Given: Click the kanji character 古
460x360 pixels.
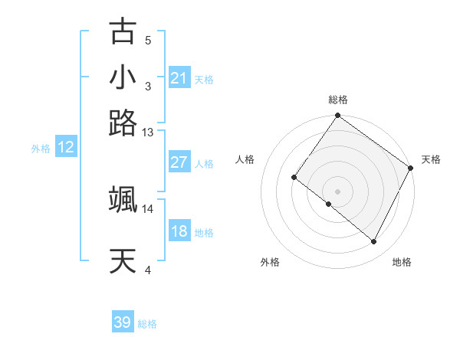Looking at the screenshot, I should pos(123,32).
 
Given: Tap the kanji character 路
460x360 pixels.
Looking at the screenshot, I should pos(123,123).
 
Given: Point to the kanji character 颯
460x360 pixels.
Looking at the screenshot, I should pos(123,200).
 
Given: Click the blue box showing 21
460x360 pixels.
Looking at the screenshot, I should pos(179,78).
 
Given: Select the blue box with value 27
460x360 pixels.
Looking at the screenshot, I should pos(179,162).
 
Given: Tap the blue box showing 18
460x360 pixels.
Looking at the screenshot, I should pos(179,231).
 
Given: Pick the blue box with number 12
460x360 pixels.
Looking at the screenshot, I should pos(66,148).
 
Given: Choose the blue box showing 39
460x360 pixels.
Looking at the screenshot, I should pos(123,322).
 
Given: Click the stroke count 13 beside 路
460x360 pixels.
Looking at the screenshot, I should pos(148,133).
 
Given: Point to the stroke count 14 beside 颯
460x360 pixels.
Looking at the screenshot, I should pos(148,208).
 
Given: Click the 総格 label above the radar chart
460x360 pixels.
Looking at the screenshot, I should pos(338,100).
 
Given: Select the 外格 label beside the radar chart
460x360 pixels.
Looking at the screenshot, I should pos(270,262).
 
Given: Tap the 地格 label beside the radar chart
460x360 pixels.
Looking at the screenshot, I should pos(402,262).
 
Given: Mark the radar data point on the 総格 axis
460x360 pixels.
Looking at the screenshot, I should pos(338,116).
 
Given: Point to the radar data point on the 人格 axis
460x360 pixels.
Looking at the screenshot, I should pos(294,178).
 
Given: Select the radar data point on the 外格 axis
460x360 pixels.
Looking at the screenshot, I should pos(329,205).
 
